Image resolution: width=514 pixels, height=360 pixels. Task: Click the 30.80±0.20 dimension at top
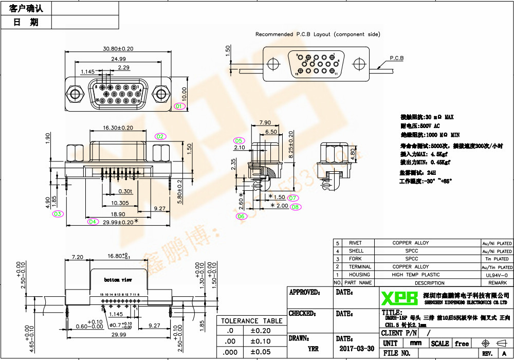[x=118, y=49]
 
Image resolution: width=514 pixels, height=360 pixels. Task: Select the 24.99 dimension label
[x=119, y=59]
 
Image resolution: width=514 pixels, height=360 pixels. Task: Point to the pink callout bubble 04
[x=93, y=222]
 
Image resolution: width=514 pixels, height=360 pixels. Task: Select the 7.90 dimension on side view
[x=265, y=123]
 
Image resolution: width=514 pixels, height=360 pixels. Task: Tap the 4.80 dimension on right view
[x=353, y=153]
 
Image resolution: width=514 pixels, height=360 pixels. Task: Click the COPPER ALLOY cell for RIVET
[x=411, y=243]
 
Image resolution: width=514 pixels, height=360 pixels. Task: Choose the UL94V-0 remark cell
[x=496, y=275]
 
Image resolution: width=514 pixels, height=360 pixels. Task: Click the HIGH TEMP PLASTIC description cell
[x=416, y=275]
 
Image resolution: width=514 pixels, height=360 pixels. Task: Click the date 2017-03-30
[x=357, y=348]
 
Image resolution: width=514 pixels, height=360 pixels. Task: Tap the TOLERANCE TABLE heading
[x=252, y=321]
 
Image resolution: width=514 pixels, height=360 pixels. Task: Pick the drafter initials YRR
[x=313, y=349]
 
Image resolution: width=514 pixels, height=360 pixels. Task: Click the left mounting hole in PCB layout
[x=274, y=63]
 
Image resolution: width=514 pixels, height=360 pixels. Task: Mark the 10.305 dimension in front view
[x=120, y=203]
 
